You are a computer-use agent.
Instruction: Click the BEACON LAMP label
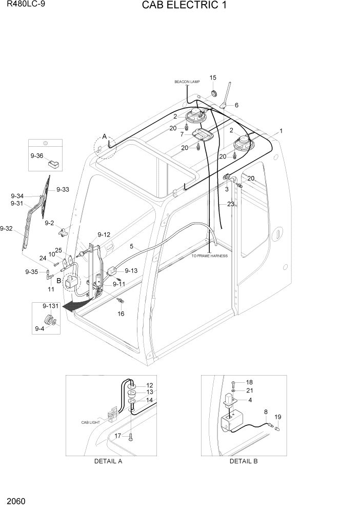click(187, 82)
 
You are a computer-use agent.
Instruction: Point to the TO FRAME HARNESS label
click(209, 256)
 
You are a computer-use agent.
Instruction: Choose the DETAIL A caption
click(108, 461)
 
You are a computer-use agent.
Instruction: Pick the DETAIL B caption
click(244, 461)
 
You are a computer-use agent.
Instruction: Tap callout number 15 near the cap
click(213, 77)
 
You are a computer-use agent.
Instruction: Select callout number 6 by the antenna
click(236, 105)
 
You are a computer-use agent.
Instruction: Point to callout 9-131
click(43, 306)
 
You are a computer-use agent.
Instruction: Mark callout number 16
click(121, 313)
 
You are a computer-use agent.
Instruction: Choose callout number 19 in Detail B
click(278, 417)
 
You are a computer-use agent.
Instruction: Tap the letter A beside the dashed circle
click(104, 136)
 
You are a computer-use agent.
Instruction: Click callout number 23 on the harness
click(230, 204)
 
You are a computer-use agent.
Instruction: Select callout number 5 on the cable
click(131, 247)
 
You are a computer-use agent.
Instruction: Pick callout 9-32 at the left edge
click(6, 228)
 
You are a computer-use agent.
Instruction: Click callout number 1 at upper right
click(281, 131)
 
